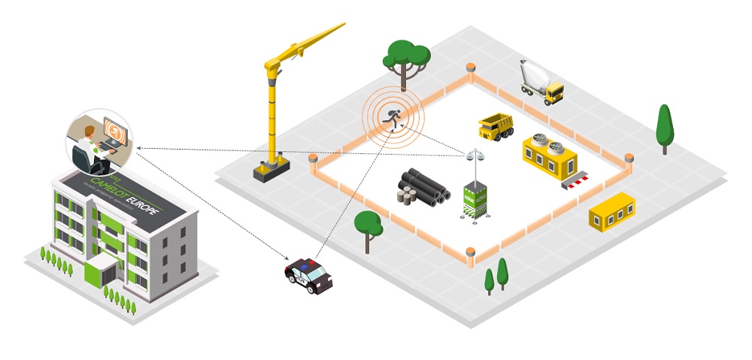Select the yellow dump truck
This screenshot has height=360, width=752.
point(496,126)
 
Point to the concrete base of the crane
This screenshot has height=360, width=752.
point(271,171)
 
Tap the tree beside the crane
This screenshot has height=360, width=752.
point(407,56)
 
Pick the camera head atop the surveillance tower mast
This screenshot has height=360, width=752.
point(474,156)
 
